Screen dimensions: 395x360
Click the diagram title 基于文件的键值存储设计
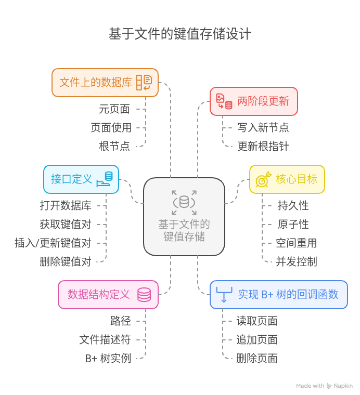pyautogui.click(x=179, y=34)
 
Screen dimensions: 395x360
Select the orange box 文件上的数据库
pyautogui.click(x=105, y=82)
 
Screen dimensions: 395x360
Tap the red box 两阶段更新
pyautogui.click(x=253, y=101)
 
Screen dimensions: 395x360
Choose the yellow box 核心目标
pyautogui.click(x=287, y=179)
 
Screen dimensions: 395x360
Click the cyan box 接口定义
pyautogui.click(x=81, y=179)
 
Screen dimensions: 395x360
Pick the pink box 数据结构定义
pyautogui.click(x=108, y=294)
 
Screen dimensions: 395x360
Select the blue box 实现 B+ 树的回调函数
pyautogui.click(x=278, y=294)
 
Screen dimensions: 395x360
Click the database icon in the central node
pyautogui.click(x=184, y=202)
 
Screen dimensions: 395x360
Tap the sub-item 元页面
pyautogui.click(x=114, y=109)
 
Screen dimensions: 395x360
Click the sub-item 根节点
pyautogui.click(x=114, y=146)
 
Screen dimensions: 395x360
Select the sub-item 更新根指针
pyautogui.click(x=263, y=146)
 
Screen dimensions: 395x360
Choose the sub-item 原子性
pyautogui.click(x=293, y=225)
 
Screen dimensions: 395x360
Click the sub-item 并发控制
pyautogui.click(x=297, y=261)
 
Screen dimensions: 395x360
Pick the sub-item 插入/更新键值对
pyautogui.click(x=53, y=243)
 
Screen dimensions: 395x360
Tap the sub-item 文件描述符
pyautogui.click(x=105, y=339)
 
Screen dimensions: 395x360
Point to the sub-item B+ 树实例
pyautogui.click(x=108, y=358)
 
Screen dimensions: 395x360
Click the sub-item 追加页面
pyautogui.click(x=256, y=339)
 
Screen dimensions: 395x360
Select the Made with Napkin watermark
pyautogui.click(x=324, y=386)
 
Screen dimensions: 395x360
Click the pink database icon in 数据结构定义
pyautogui.click(x=144, y=295)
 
